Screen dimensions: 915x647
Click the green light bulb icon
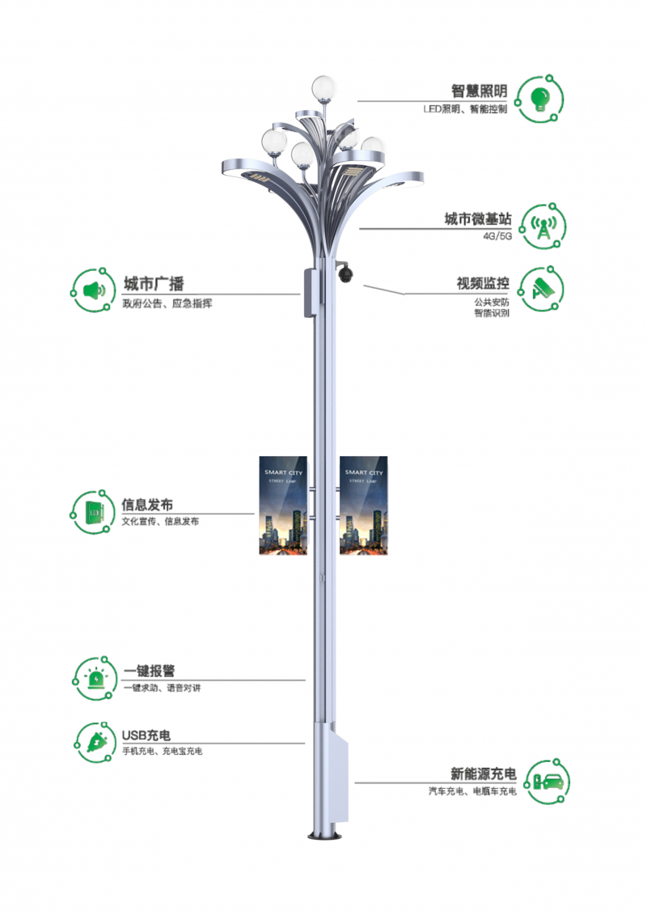[x=539, y=98]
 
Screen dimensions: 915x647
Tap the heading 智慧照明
[x=479, y=91]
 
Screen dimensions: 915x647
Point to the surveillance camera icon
[x=541, y=290]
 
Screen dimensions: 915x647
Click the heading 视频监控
[x=483, y=284]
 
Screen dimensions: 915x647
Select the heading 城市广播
[x=154, y=284]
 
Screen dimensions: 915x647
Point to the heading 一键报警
[x=150, y=671]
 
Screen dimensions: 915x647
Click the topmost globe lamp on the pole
[x=322, y=85]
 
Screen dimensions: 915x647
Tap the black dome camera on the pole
[x=346, y=274]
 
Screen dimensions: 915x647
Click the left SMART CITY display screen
[x=283, y=505]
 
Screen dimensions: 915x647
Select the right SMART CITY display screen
[x=364, y=505]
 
